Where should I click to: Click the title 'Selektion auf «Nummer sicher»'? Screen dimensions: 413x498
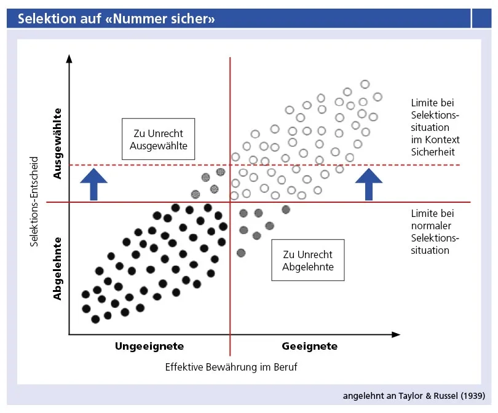point(116,19)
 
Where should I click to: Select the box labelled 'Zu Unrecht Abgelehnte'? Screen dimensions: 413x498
point(308,261)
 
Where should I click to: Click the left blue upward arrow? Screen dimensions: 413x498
point(94,183)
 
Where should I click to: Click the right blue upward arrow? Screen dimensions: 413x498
point(369,183)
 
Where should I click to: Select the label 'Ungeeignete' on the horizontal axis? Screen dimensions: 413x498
point(149,346)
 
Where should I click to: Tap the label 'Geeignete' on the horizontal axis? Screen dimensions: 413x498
point(309,346)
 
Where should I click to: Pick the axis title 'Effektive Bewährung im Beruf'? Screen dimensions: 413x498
point(231,367)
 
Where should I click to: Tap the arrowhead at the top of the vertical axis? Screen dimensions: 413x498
point(69,59)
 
